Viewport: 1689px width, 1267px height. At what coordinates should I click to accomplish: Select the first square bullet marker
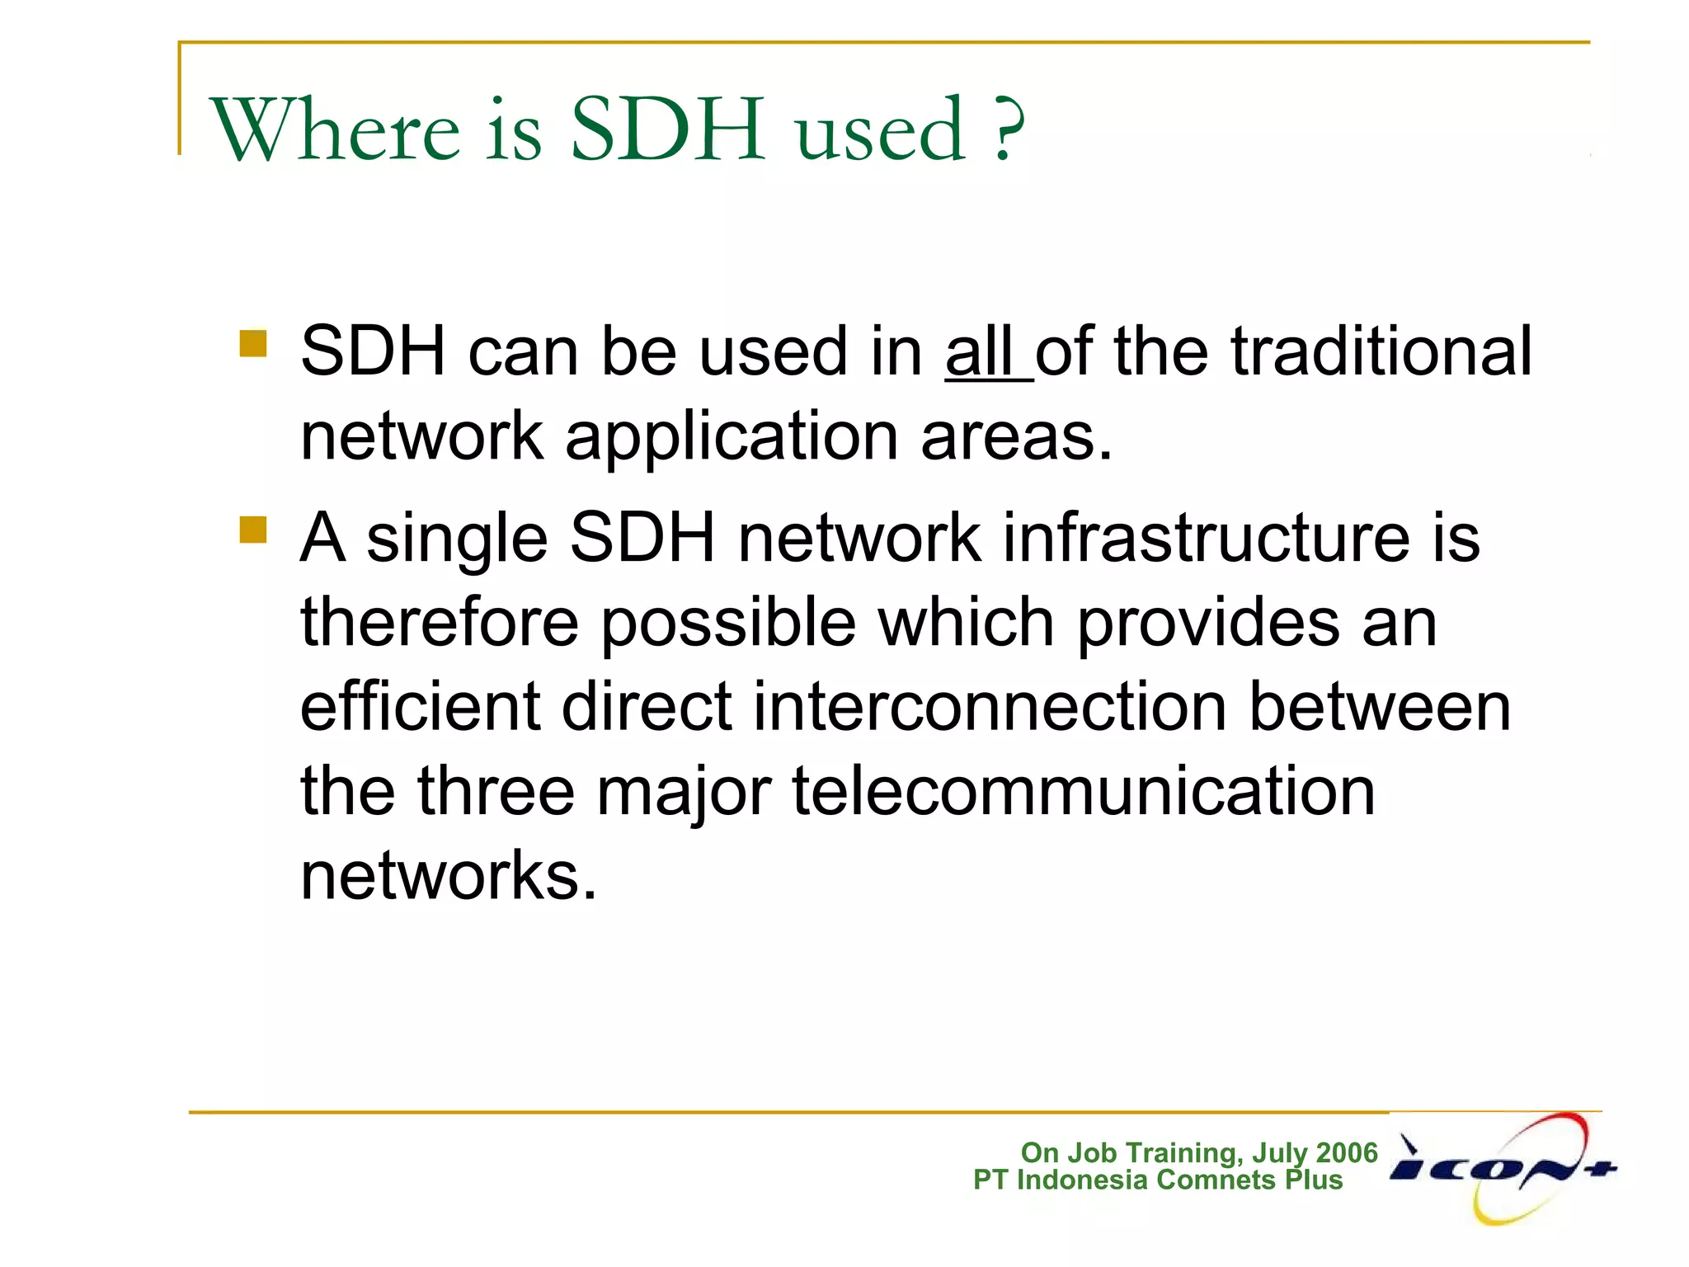pyautogui.click(x=253, y=343)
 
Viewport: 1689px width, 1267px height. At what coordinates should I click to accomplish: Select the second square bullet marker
pyautogui.click(x=253, y=530)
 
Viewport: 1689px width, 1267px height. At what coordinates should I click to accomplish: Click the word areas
pyautogui.click(x=1016, y=437)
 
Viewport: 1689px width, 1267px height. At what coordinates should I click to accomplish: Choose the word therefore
pyautogui.click(x=440, y=622)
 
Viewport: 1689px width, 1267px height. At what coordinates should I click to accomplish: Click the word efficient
pyautogui.click(x=420, y=707)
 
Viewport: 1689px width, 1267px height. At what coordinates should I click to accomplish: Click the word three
pyautogui.click(x=496, y=791)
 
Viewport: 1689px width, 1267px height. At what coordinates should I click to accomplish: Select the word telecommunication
pyautogui.click(x=1084, y=791)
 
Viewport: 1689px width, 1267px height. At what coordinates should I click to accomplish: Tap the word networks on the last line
pyautogui.click(x=448, y=876)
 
